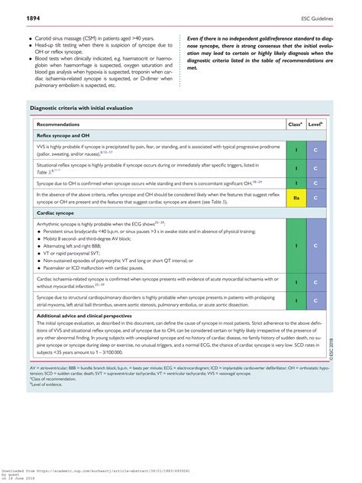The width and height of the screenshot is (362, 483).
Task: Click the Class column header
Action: (x=295, y=123)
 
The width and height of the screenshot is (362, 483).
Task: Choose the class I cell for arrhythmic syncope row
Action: (x=295, y=245)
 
